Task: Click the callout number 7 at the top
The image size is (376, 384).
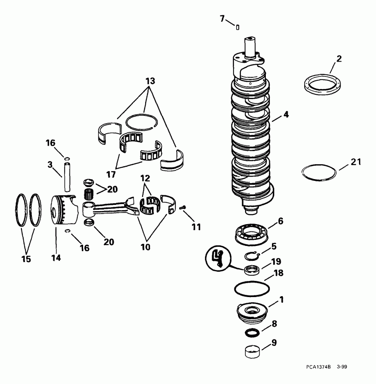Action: click(222, 18)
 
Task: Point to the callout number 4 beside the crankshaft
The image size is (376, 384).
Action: click(285, 115)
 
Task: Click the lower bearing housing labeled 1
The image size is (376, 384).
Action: click(252, 311)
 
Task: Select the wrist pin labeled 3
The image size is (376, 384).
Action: click(67, 177)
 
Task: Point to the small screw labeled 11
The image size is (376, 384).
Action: click(183, 208)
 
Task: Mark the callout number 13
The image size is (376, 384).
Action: click(150, 82)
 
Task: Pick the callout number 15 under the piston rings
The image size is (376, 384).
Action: click(26, 259)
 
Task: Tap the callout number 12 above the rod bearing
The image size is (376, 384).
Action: click(145, 178)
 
